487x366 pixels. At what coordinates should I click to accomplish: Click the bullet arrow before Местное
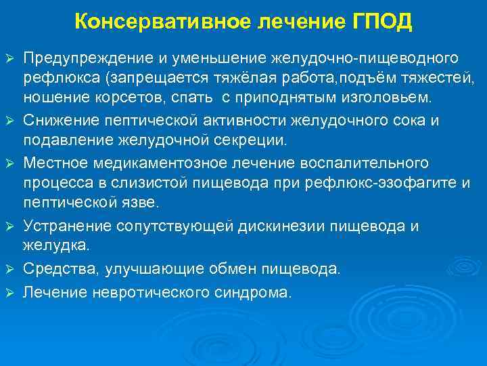9,164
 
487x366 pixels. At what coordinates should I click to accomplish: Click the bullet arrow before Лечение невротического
9,293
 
